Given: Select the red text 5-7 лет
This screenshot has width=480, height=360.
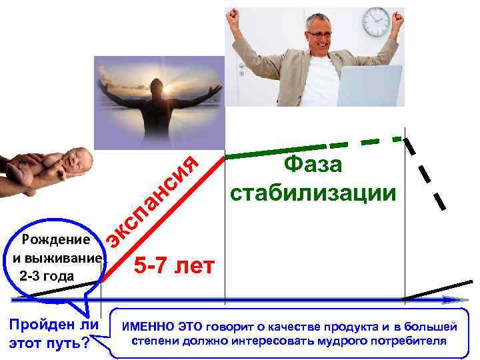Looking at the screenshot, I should pos(174,266).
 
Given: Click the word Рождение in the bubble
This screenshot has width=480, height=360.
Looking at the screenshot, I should pos(56,240).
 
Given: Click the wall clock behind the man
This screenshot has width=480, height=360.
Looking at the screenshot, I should pos(375,22).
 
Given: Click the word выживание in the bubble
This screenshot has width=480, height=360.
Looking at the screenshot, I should pos(61,258).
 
